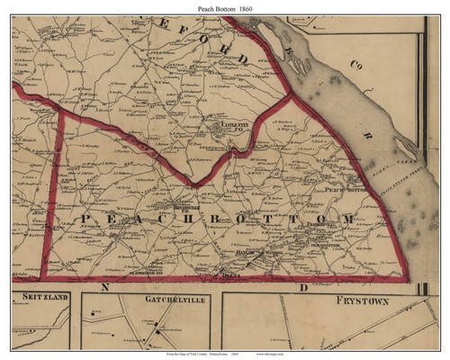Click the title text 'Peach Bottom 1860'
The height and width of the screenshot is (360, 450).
pyautogui.click(x=224, y=6)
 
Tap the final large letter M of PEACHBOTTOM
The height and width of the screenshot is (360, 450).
pyautogui.click(x=348, y=220)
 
